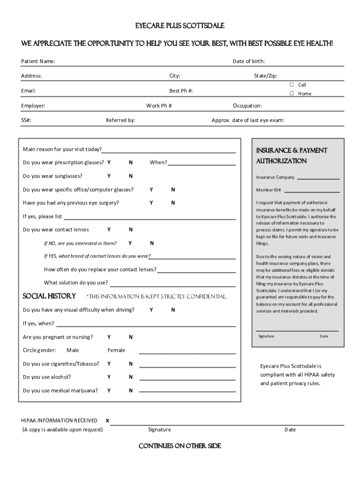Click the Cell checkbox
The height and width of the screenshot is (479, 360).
[291, 85]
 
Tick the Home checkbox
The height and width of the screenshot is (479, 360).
[291, 94]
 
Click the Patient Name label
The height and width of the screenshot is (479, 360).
[38, 61]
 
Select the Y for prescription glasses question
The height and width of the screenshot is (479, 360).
[109, 163]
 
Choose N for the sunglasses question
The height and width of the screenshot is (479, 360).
[131, 176]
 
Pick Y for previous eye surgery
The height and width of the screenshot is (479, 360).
[151, 203]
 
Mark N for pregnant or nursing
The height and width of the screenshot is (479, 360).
[131, 337]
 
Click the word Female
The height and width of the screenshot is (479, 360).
[116, 350]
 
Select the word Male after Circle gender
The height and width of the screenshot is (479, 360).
[72, 350]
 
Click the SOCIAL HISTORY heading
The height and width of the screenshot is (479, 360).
[49, 296]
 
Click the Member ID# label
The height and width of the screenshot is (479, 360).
[268, 190]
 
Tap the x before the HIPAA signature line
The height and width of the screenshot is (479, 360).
[107, 421]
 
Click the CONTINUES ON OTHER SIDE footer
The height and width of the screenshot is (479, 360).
[180, 446]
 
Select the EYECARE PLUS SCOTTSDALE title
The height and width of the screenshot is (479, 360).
[180, 25]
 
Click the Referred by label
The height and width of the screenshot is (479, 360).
[120, 121]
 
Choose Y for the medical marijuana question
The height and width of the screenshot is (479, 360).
[109, 391]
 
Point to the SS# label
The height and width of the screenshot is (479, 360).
[26, 121]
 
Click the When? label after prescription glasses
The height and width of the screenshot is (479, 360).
[158, 163]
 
